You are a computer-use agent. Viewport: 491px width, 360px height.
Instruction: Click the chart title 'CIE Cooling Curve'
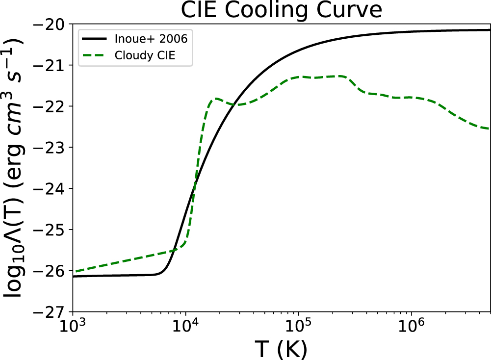pos(281,10)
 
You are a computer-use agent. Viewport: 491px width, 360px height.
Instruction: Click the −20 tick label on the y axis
pos(50,24)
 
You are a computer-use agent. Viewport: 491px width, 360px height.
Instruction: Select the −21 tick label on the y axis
pos(50,65)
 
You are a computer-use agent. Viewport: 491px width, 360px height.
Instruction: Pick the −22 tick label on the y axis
pos(50,106)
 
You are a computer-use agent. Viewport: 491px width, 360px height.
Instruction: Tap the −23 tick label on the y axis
pos(50,148)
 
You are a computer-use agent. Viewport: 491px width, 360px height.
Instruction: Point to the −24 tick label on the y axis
pos(50,189)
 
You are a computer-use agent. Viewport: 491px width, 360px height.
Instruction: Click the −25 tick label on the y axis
pos(50,230)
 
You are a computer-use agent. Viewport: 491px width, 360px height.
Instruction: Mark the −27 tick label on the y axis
pos(50,312)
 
